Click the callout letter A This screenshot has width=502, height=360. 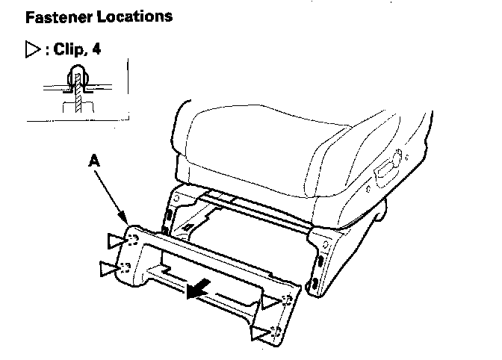[93, 159]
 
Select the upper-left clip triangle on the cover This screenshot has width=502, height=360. [116, 240]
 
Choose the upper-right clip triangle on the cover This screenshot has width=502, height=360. [270, 302]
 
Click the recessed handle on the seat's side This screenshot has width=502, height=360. [388, 165]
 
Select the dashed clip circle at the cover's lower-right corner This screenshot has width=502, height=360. [277, 329]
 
